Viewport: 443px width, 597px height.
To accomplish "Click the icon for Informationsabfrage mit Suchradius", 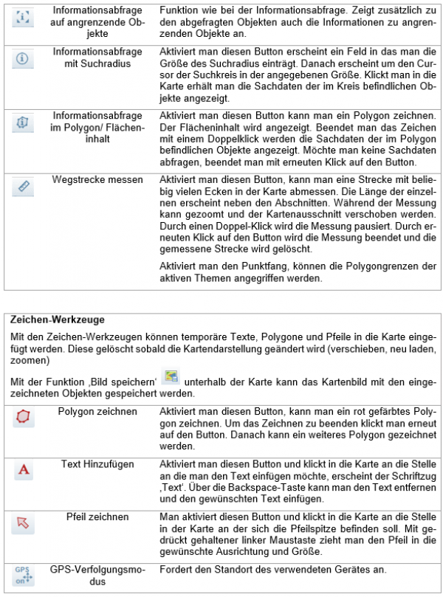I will pos(22,60).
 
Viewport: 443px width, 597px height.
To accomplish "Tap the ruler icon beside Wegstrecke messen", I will pos(22,187).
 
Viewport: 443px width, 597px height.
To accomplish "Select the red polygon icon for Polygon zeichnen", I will pos(24,418).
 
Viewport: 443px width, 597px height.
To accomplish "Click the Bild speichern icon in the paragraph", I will pos(171,378).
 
